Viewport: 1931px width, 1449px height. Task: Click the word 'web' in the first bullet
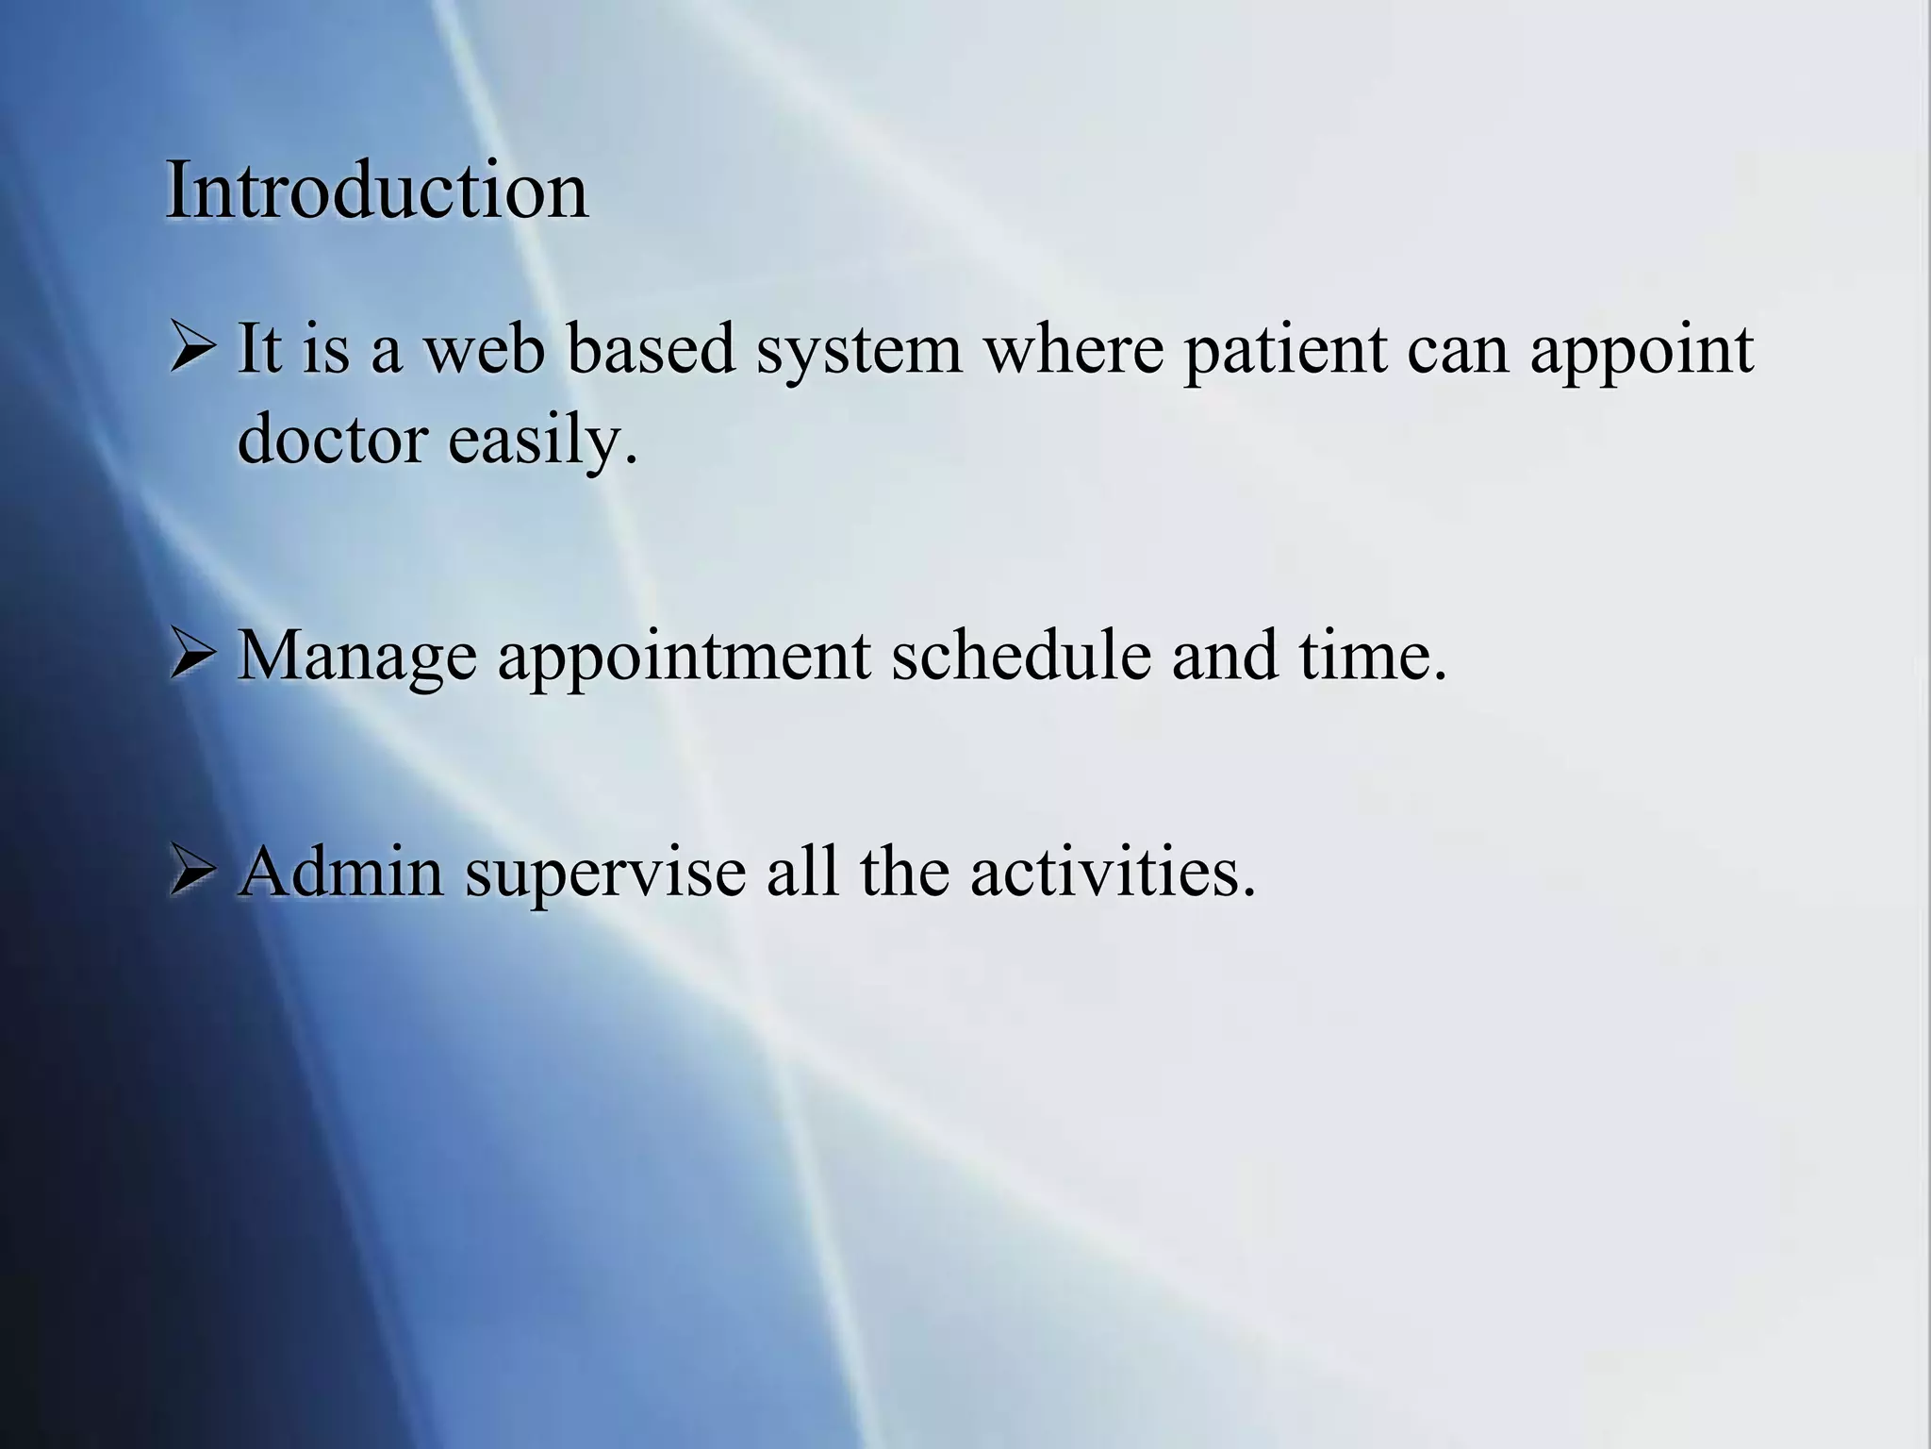484,349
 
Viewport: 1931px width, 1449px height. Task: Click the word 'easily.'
542,442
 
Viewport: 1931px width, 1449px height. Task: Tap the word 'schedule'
1021,655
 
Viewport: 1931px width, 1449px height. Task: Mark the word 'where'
1073,349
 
